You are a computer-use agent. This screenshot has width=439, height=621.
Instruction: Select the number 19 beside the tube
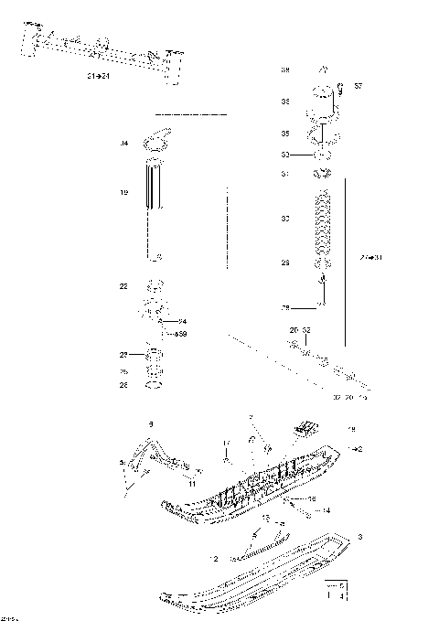pyautogui.click(x=123, y=193)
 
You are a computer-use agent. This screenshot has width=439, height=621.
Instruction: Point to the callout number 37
pyautogui.click(x=359, y=86)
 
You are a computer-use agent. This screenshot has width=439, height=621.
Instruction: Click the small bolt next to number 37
pyautogui.click(x=340, y=89)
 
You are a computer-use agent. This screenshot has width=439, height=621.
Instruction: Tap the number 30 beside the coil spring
pyautogui.click(x=285, y=219)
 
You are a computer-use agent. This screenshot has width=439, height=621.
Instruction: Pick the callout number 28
pyautogui.click(x=284, y=307)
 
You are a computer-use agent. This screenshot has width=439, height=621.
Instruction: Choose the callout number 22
pyautogui.click(x=123, y=286)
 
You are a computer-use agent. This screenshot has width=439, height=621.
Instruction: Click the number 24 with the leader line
pyautogui.click(x=183, y=321)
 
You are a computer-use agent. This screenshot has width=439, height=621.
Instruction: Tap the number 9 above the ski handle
pyautogui.click(x=152, y=423)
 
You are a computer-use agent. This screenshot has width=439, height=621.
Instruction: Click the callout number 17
pyautogui.click(x=224, y=444)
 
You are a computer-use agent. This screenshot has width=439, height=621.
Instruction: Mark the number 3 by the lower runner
pyautogui.click(x=361, y=536)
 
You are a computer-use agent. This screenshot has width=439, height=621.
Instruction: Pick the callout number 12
pyautogui.click(x=216, y=558)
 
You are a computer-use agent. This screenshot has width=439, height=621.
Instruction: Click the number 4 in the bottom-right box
pyautogui.click(x=341, y=595)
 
